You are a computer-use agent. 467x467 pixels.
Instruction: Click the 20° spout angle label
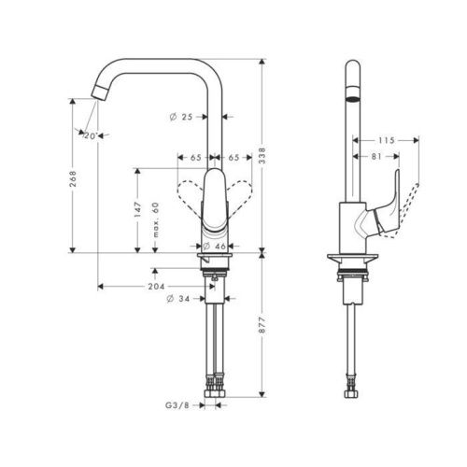91,136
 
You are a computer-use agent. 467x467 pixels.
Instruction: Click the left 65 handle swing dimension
198,159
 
